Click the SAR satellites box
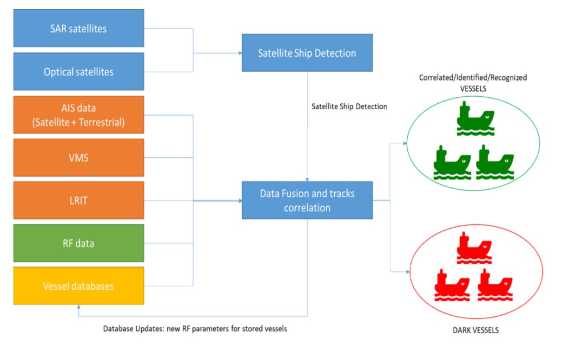pos(78,28)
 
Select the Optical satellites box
pos(78,71)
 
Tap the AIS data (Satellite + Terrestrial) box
pos(78,115)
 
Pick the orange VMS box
pos(78,157)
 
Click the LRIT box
pos(78,201)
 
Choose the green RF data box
pos(78,243)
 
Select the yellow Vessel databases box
pos(78,286)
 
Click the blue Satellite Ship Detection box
pos(307,53)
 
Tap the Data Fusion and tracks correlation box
pos(307,201)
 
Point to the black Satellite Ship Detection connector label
pos(349,106)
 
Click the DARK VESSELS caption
pos(475,330)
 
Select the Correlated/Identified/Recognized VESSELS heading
pos(473,83)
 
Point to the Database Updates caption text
pos(195,329)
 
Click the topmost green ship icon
pos(475,118)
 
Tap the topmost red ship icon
pos(474,248)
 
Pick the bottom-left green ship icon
pos(452,163)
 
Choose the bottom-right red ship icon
pos(495,285)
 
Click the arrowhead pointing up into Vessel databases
pos(78,307)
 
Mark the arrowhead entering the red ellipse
pos(408,272)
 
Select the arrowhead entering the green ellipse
pos(405,143)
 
